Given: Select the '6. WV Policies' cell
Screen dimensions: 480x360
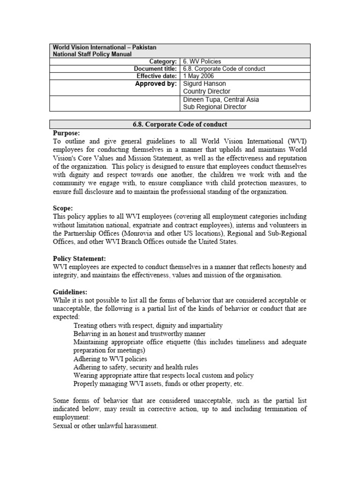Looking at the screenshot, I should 202,61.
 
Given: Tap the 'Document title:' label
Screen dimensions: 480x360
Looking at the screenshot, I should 155,69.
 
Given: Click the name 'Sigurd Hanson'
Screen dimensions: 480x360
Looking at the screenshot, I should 204,83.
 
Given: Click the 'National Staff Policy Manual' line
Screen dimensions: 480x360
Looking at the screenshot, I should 92,54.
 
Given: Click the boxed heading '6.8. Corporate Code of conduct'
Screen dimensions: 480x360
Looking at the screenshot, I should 180,124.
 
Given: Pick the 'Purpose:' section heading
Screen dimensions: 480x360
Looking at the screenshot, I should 66,133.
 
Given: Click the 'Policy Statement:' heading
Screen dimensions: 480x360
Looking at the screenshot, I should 79,258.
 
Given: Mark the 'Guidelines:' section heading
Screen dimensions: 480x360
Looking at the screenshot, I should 70,292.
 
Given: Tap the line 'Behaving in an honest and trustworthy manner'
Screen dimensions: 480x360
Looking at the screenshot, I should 140,334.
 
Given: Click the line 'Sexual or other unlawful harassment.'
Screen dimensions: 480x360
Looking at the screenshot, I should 105,426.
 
